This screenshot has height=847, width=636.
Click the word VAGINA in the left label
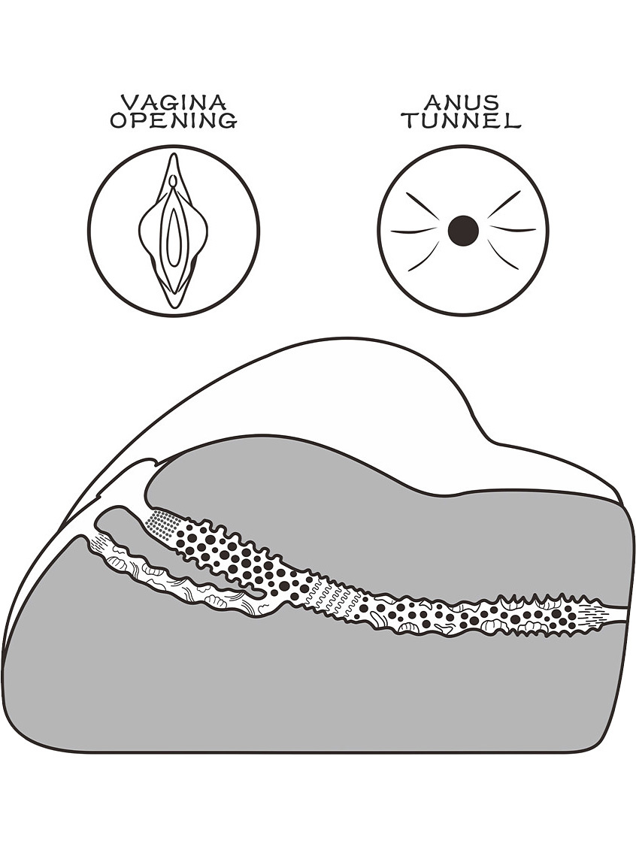(x=173, y=101)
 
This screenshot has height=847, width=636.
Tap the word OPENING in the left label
(x=174, y=120)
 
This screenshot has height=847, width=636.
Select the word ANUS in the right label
(x=462, y=101)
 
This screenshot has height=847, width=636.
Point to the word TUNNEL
(x=462, y=120)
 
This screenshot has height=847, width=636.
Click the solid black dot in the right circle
(x=463, y=231)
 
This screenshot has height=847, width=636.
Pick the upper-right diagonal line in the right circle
(x=504, y=204)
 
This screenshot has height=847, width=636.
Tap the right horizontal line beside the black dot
(x=513, y=229)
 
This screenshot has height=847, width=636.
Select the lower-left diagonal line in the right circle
(x=424, y=256)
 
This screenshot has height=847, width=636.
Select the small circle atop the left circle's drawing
(x=173, y=180)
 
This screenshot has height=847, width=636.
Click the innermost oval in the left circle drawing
(x=173, y=237)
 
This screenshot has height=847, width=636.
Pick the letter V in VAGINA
(x=128, y=101)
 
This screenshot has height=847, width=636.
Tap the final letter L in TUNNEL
(x=512, y=120)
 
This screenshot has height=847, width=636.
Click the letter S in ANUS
(x=491, y=101)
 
